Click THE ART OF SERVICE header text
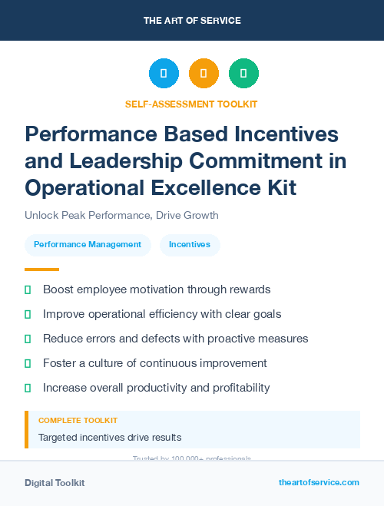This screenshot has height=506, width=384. click(192, 21)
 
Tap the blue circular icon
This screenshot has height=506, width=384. click(164, 73)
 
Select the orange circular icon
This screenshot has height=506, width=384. click(204, 73)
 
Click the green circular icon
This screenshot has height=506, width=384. click(243, 73)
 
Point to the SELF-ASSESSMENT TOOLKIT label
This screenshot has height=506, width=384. click(191, 104)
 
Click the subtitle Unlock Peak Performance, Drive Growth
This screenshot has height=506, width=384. click(121, 215)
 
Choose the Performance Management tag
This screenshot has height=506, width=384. click(88, 244)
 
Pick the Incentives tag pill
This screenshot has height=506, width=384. click(190, 244)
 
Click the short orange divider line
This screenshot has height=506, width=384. click(41, 270)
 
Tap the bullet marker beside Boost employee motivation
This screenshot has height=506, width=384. click(28, 289)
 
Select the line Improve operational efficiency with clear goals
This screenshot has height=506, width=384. click(162, 314)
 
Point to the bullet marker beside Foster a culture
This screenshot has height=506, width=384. click(28, 363)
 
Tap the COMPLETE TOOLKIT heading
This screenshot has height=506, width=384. click(78, 421)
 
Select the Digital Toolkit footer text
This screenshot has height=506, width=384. click(55, 483)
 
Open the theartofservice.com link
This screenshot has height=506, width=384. click(319, 482)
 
